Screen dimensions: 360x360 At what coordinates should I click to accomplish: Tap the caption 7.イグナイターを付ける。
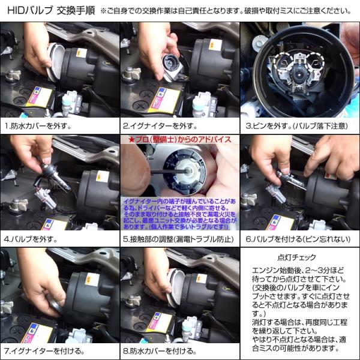pyautogui.click(x=42, y=350)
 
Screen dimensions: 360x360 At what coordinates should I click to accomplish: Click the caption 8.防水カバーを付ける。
pyautogui.click(x=161, y=350)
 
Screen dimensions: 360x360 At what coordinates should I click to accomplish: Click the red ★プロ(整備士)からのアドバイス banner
pyautogui.click(x=179, y=139)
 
